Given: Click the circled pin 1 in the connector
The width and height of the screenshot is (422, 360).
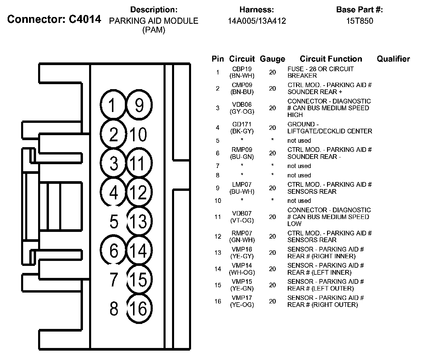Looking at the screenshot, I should click(113, 105).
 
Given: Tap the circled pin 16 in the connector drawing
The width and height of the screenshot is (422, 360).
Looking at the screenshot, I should click(139, 308).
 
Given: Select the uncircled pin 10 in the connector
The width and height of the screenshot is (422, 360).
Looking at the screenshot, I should click(138, 135).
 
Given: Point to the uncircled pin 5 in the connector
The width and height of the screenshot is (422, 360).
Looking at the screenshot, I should click(114, 222).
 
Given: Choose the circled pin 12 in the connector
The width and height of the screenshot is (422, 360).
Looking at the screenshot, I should click(139, 192).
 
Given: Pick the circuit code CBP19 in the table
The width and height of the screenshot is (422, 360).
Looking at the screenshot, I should click(242, 69).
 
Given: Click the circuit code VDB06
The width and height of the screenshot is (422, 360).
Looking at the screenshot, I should click(242, 105).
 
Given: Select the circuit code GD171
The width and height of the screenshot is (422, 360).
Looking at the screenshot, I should click(242, 124).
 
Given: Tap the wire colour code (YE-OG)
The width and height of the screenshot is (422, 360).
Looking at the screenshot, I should click(242, 305).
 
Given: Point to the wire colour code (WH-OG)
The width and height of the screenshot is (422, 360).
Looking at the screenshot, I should click(242, 273).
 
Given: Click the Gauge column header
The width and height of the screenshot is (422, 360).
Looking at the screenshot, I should click(272, 59).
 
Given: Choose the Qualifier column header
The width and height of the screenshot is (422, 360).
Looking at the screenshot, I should click(393, 59).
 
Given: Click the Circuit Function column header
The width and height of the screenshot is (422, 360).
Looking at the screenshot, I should click(331, 59).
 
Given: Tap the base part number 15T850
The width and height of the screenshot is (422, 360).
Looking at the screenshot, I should click(360, 21).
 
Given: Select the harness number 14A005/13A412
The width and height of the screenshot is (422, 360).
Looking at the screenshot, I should click(257, 21).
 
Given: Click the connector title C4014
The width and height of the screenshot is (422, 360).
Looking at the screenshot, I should click(85, 19).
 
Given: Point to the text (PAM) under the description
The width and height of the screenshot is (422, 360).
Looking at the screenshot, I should click(154, 30).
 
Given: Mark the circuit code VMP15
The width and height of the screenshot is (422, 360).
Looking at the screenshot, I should click(242, 282).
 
